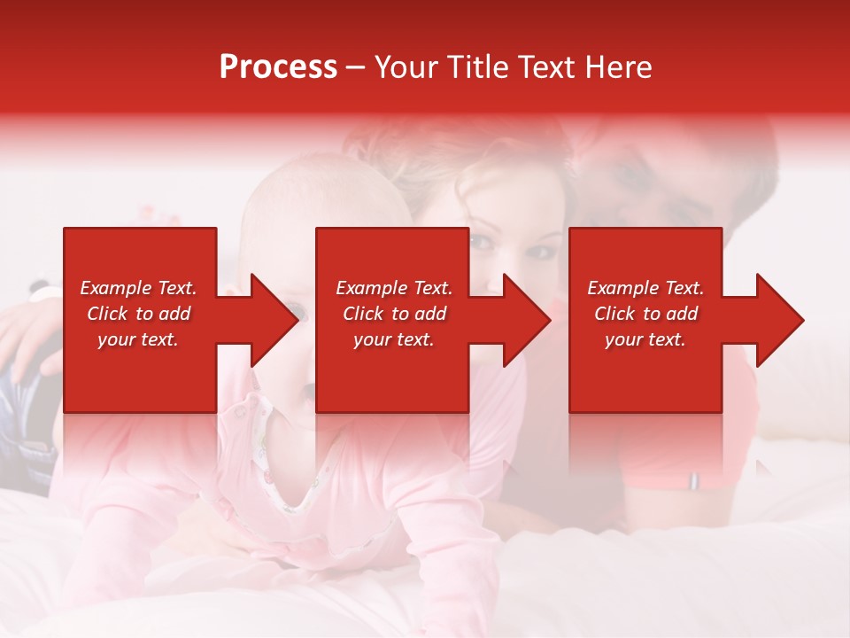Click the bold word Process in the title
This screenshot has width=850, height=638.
(278, 67)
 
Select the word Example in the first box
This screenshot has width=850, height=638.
(116, 288)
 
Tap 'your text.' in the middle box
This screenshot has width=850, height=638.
(394, 339)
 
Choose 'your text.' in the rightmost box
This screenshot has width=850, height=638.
(645, 339)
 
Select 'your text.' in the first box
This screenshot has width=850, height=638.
(138, 339)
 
